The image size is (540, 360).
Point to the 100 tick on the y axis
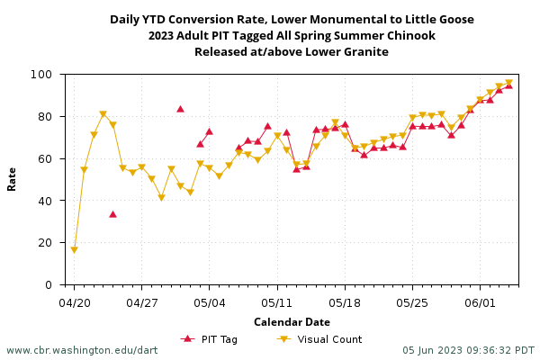[x=49, y=75]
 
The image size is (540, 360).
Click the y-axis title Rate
[x=13, y=178]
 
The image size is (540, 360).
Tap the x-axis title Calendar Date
[x=292, y=322]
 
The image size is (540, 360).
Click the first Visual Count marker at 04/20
[x=75, y=249]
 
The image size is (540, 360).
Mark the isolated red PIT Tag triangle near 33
[x=112, y=214]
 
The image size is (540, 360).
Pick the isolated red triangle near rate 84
[x=180, y=109]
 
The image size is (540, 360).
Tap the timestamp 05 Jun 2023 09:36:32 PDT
[x=468, y=350]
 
